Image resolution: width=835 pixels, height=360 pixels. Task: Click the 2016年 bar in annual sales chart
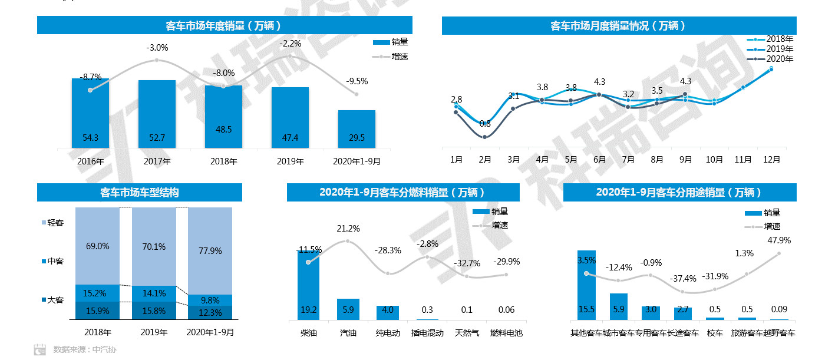click(x=90, y=113)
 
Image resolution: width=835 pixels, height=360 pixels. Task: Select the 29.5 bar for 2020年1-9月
click(x=357, y=129)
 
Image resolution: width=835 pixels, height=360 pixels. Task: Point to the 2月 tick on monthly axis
click(x=485, y=160)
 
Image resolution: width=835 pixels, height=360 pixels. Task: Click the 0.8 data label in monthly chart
click(x=485, y=124)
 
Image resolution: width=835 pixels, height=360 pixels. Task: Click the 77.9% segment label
click(x=210, y=250)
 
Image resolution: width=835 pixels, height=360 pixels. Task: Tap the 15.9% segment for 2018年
click(x=98, y=311)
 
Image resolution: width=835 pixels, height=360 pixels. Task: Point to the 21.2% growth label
click(x=348, y=229)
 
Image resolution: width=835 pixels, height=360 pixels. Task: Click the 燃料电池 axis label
click(x=507, y=333)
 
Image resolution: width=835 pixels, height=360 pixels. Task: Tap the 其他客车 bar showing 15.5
click(x=586, y=285)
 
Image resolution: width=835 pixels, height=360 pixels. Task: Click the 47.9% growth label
click(x=779, y=240)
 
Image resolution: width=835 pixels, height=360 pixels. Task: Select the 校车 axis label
click(x=715, y=333)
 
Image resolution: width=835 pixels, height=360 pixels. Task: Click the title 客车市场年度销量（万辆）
click(x=224, y=25)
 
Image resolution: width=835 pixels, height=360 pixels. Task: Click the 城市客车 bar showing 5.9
click(x=618, y=306)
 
